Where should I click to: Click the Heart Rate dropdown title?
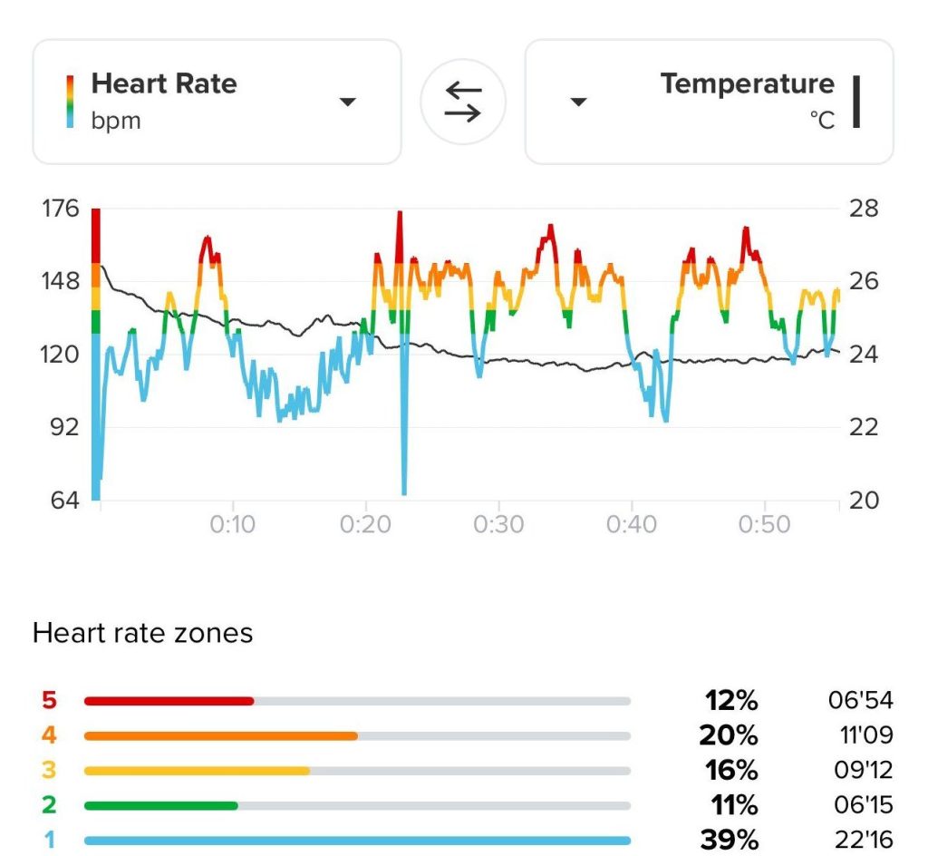tap(164, 84)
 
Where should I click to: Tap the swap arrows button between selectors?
tap(463, 101)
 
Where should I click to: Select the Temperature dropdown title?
tap(747, 84)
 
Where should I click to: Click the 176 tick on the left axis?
tap(59, 209)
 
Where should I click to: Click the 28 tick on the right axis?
tap(864, 209)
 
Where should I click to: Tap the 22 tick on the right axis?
tap(864, 426)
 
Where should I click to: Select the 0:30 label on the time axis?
tap(498, 524)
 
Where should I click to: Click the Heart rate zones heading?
tap(142, 633)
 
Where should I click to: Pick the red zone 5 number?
tap(48, 700)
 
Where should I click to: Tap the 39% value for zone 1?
tap(731, 840)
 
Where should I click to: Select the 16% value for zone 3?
tap(731, 770)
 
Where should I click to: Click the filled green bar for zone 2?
tap(160, 805)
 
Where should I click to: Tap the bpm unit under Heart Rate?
tap(116, 121)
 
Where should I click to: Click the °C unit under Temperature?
tap(822, 121)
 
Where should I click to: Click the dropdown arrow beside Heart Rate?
tap(348, 102)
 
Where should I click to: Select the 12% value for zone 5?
tap(731, 700)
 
